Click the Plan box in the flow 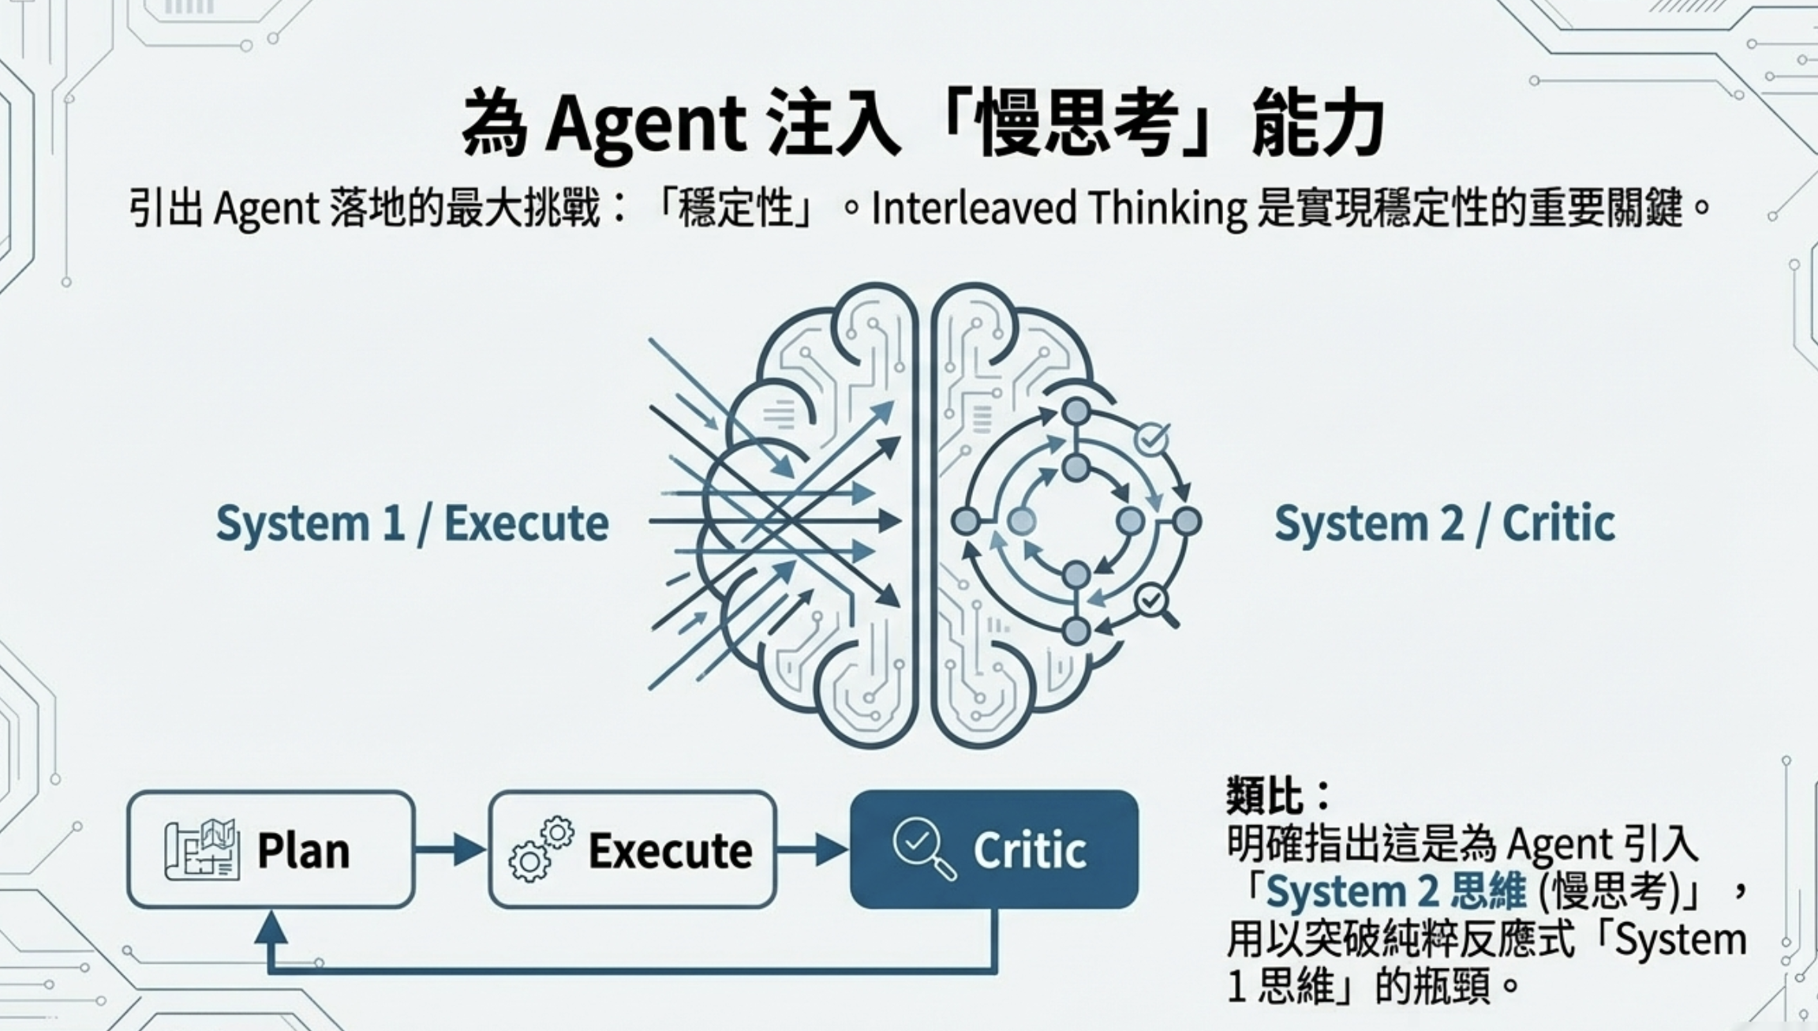coord(271,849)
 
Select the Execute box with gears coord(632,849)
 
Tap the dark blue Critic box coord(993,849)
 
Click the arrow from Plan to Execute coord(451,849)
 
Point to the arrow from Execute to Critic coord(812,849)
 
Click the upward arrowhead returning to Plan coord(271,928)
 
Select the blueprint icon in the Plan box coord(201,849)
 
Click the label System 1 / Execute coord(412,523)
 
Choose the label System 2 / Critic coord(1444,523)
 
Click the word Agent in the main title coord(645,125)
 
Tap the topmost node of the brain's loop coord(1076,411)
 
